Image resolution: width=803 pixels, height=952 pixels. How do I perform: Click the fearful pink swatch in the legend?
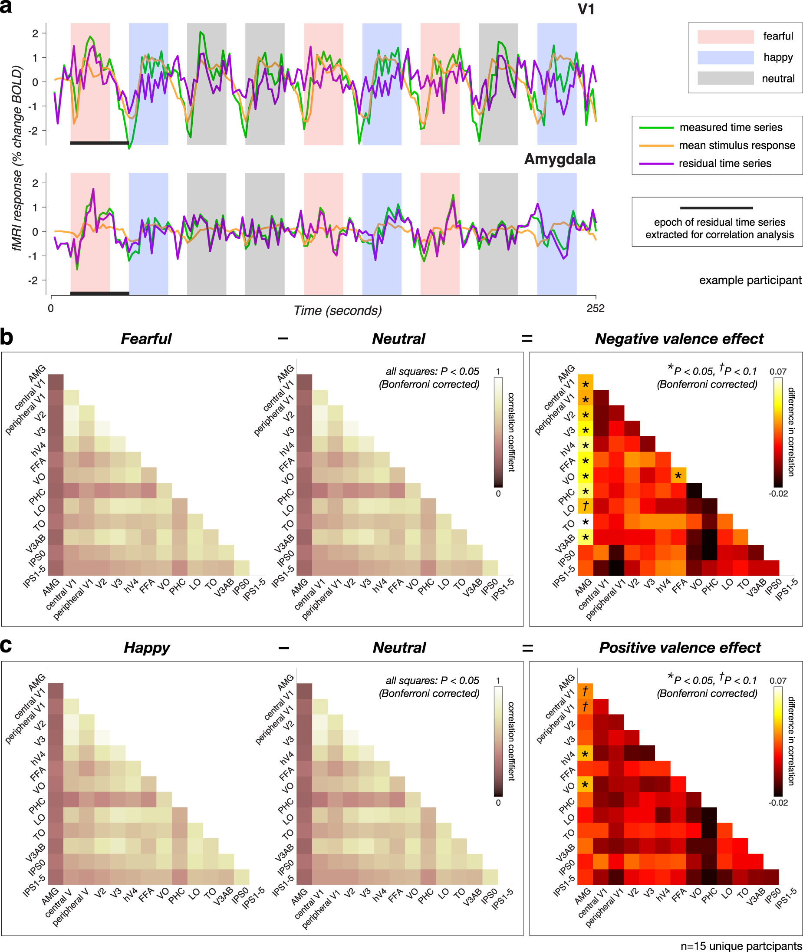point(725,36)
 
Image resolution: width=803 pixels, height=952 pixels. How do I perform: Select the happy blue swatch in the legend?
point(725,57)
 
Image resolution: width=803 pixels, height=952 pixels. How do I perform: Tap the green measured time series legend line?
point(655,128)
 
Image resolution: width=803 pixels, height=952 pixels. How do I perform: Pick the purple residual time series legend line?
point(655,164)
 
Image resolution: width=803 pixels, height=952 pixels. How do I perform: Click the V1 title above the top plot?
point(586,10)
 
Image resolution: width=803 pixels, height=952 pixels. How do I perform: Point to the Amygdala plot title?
point(559,159)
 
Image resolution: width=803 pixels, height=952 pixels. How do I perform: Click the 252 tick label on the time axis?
point(595,308)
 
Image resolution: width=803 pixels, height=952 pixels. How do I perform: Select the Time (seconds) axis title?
point(337,310)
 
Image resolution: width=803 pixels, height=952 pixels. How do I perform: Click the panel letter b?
point(7,337)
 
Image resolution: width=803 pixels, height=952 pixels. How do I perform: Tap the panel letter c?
point(6,645)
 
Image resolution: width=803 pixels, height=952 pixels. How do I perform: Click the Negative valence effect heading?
point(679,339)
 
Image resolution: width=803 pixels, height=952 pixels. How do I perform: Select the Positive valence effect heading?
point(679,647)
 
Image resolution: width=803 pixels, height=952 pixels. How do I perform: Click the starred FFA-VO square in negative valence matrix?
point(678,476)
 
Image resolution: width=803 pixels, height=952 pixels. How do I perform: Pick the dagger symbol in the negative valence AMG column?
point(586,506)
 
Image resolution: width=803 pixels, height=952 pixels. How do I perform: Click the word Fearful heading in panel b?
point(146,339)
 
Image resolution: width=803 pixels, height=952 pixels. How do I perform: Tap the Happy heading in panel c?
point(147,647)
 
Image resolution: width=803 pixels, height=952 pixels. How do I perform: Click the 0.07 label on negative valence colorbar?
point(777,372)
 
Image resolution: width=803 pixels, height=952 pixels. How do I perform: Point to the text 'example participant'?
point(750,280)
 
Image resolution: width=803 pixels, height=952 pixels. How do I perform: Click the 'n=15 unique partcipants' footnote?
point(740,945)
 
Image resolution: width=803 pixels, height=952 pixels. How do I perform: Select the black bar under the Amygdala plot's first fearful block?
point(99,293)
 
